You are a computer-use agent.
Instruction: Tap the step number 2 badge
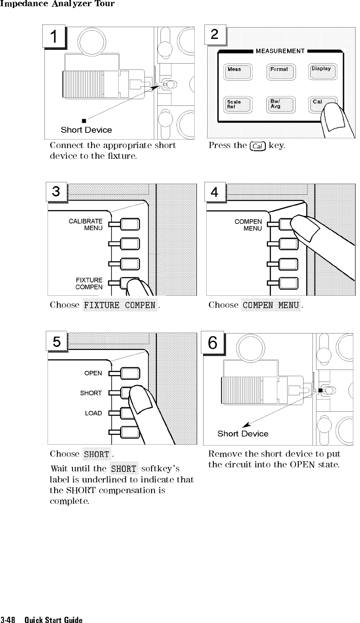pos(215,36)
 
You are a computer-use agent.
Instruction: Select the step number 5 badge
pos(56,342)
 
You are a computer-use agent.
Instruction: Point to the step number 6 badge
pos(213,343)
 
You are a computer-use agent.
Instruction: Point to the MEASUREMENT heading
pos(280,51)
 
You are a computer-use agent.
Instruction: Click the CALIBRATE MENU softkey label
pos(86,225)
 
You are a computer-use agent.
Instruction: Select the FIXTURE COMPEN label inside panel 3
pos(89,284)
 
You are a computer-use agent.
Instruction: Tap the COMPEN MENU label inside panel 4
pos(248,225)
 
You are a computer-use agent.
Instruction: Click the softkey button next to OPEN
pos(130,374)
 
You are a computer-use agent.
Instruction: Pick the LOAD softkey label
pos(93,414)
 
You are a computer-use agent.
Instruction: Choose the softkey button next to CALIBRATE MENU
pos(130,224)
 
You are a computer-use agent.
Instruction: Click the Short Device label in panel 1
pos(86,130)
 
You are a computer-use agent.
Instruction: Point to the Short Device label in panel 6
pos(243,434)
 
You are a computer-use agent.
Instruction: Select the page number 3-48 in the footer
pos(9,620)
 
